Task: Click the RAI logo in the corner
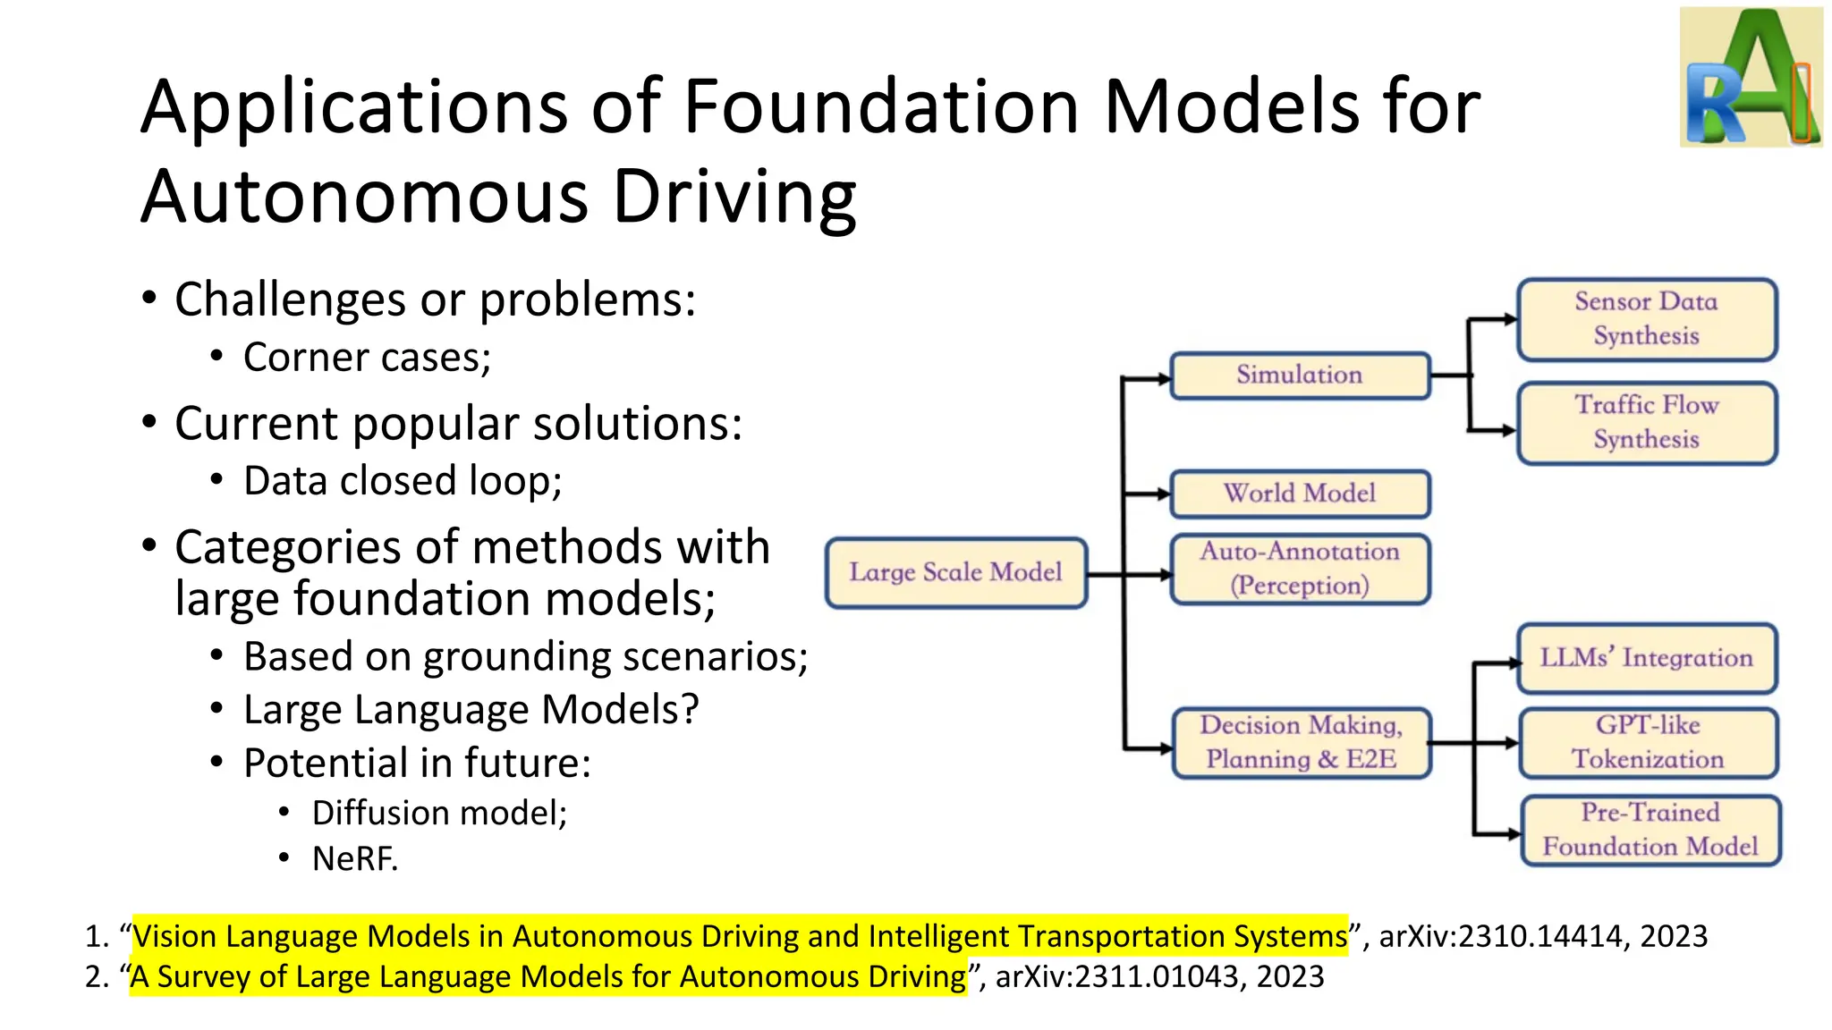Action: pyautogui.click(x=1751, y=78)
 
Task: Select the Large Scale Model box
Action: pyautogui.click(x=955, y=573)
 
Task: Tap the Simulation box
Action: pyautogui.click(x=1300, y=376)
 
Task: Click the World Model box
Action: pyautogui.click(x=1300, y=494)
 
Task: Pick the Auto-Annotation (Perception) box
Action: pyautogui.click(x=1300, y=569)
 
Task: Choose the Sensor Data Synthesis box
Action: pyautogui.click(x=1646, y=319)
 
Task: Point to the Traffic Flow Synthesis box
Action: pyautogui.click(x=1646, y=423)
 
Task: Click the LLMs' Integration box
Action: pyautogui.click(x=1646, y=659)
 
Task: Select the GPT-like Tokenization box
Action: pyautogui.click(x=1648, y=743)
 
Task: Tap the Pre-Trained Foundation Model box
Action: pyautogui.click(x=1650, y=831)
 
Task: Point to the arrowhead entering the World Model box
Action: pyautogui.click(x=1164, y=494)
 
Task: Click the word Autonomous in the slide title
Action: pyautogui.click(x=365, y=197)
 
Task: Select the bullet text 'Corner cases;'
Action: pyautogui.click(x=367, y=358)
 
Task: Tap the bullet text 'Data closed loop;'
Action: pyautogui.click(x=403, y=481)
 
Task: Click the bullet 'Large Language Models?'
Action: pyautogui.click(x=471, y=710)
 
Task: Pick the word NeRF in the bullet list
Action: pyautogui.click(x=354, y=859)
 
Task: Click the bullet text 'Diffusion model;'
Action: pyautogui.click(x=439, y=814)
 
